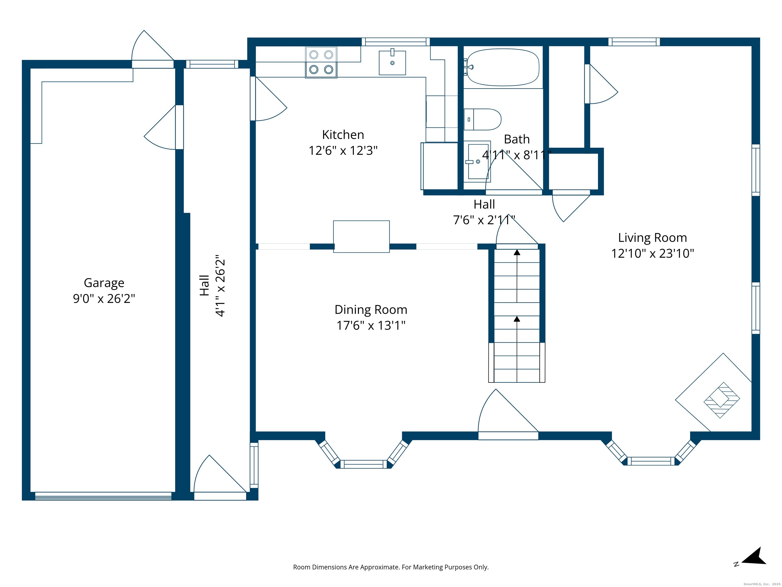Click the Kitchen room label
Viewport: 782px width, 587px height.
(343, 135)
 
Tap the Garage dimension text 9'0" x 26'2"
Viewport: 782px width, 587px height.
(104, 299)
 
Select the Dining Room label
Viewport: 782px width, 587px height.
(371, 310)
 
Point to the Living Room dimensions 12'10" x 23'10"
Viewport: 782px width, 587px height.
(653, 253)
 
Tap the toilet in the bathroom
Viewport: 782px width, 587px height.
(483, 119)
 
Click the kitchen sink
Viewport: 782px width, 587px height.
(392, 63)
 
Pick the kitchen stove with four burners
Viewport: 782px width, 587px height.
(321, 62)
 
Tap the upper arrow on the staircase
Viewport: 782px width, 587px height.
(517, 276)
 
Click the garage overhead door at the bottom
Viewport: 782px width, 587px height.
(103, 496)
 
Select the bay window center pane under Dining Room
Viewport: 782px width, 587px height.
(364, 464)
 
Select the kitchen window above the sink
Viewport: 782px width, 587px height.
(396, 42)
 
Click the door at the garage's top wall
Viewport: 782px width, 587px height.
(153, 53)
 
